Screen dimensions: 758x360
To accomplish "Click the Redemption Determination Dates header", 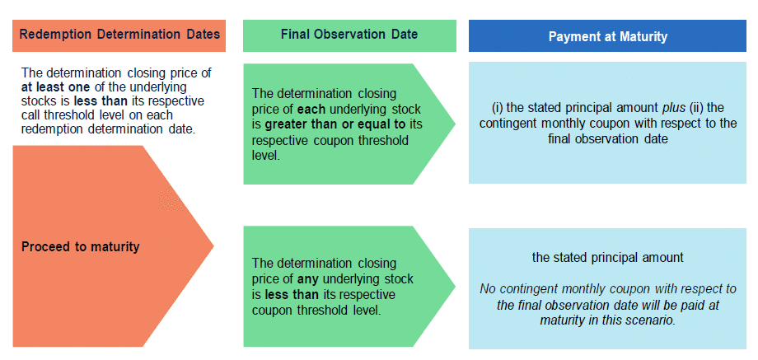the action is [119, 35].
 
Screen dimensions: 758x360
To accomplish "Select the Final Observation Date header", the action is [349, 35].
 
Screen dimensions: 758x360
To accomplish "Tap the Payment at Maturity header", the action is [608, 37].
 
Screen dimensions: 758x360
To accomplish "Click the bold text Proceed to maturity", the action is [80, 247].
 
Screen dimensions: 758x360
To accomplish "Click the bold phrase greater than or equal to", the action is [335, 124].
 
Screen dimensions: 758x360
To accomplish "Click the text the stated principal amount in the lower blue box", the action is [608, 258].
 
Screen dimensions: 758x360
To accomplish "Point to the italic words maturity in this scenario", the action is [608, 320].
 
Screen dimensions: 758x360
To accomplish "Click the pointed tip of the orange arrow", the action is [213, 246].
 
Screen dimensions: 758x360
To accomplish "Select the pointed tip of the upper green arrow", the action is [455, 124].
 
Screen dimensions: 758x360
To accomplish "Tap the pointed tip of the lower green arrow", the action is [455, 286].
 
